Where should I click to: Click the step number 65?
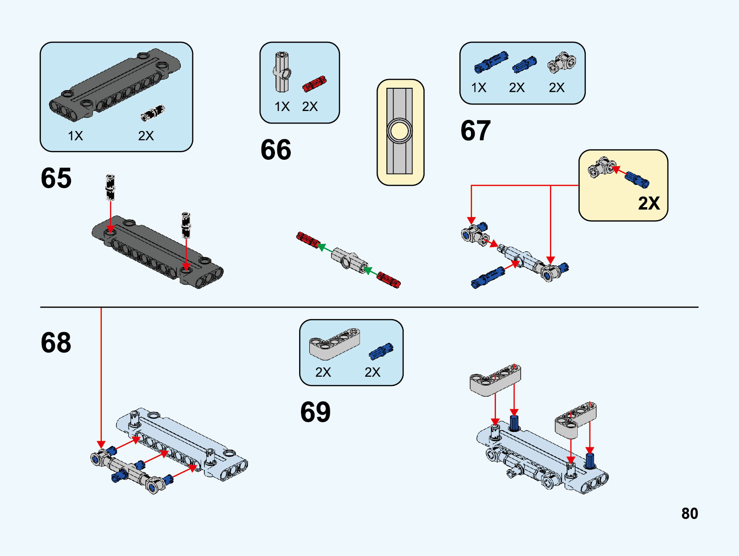pos(56,178)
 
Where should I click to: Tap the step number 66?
pos(275,150)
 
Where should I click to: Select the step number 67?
pos(475,131)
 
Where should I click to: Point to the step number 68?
pos(56,343)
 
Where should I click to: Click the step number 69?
pos(315,412)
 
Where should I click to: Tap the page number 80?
pos(689,513)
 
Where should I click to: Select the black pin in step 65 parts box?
pos(153,112)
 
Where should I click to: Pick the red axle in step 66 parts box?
pos(314,84)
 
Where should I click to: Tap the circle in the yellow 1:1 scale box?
pos(399,131)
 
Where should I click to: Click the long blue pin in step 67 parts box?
pos(490,62)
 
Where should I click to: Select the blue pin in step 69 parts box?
pos(381,351)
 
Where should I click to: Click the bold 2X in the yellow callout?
pos(648,203)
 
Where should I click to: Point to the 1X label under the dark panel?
pos(75,136)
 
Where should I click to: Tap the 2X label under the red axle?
pos(310,107)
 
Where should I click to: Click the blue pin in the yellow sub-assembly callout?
pos(637,179)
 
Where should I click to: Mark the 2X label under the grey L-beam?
pos(323,372)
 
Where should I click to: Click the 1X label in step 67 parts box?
pos(478,88)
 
